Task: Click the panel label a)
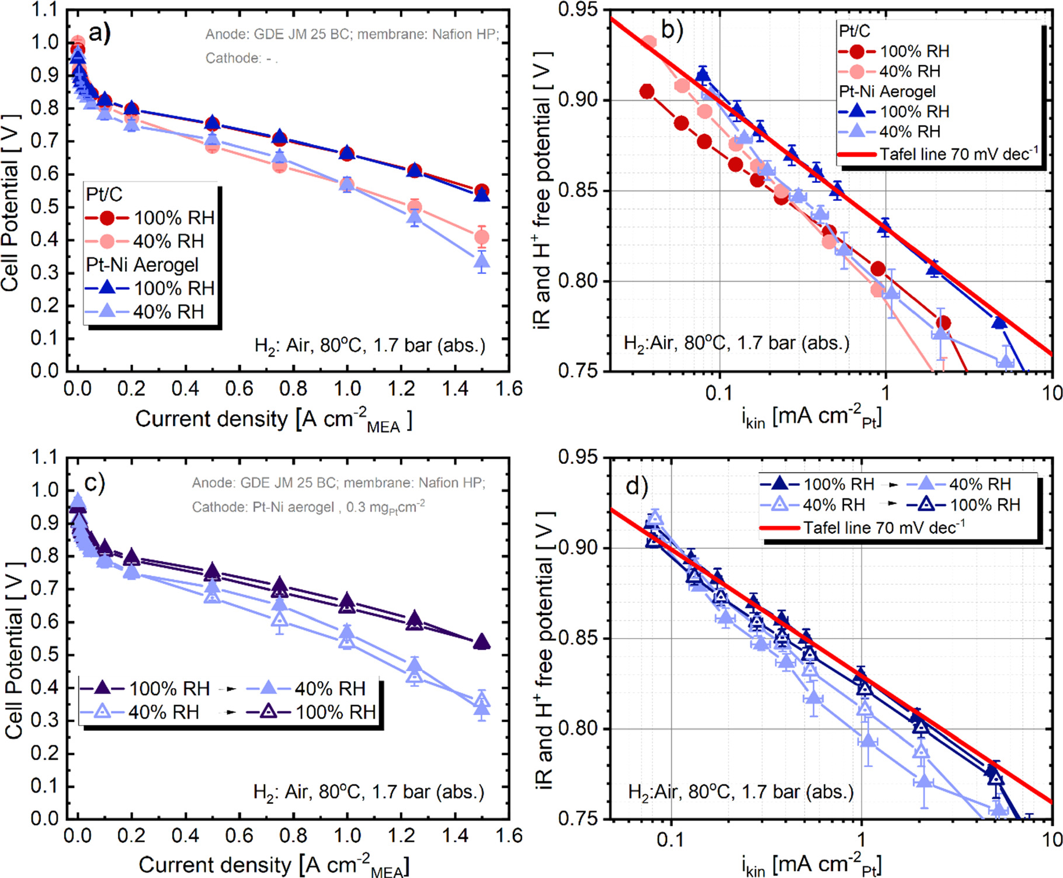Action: (99, 33)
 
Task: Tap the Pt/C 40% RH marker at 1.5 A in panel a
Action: (482, 237)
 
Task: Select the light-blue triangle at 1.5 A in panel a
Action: (482, 261)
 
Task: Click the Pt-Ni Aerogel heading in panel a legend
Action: (143, 265)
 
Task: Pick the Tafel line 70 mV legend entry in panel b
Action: (937, 154)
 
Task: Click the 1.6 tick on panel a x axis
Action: (509, 388)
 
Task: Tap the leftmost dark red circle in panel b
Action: (647, 91)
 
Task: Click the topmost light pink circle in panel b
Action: (649, 43)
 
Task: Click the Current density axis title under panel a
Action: (273, 419)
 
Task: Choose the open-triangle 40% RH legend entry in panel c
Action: (140, 712)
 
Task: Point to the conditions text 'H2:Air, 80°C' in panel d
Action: (740, 792)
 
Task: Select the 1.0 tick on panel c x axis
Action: (347, 835)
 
